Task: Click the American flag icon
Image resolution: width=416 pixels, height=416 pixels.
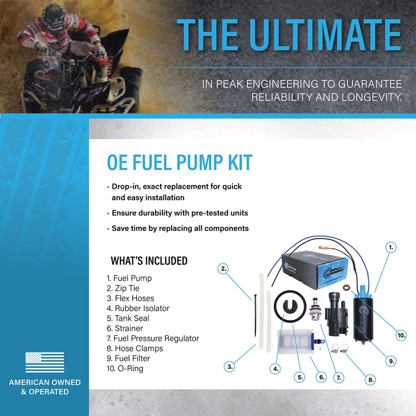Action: (x=45, y=362)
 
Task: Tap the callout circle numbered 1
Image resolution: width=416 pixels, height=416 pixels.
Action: (x=391, y=247)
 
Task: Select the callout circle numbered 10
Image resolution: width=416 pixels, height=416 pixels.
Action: (x=401, y=335)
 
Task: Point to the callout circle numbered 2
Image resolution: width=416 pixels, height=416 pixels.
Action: (x=224, y=268)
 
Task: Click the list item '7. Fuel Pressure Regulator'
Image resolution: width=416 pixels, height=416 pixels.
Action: (x=152, y=339)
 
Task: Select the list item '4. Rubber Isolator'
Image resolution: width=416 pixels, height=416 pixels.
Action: (x=138, y=308)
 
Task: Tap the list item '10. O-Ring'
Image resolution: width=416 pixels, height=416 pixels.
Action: (x=125, y=369)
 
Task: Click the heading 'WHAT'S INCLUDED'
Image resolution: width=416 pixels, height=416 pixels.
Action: (x=149, y=261)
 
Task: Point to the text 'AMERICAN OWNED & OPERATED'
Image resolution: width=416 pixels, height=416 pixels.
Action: (x=45, y=387)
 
